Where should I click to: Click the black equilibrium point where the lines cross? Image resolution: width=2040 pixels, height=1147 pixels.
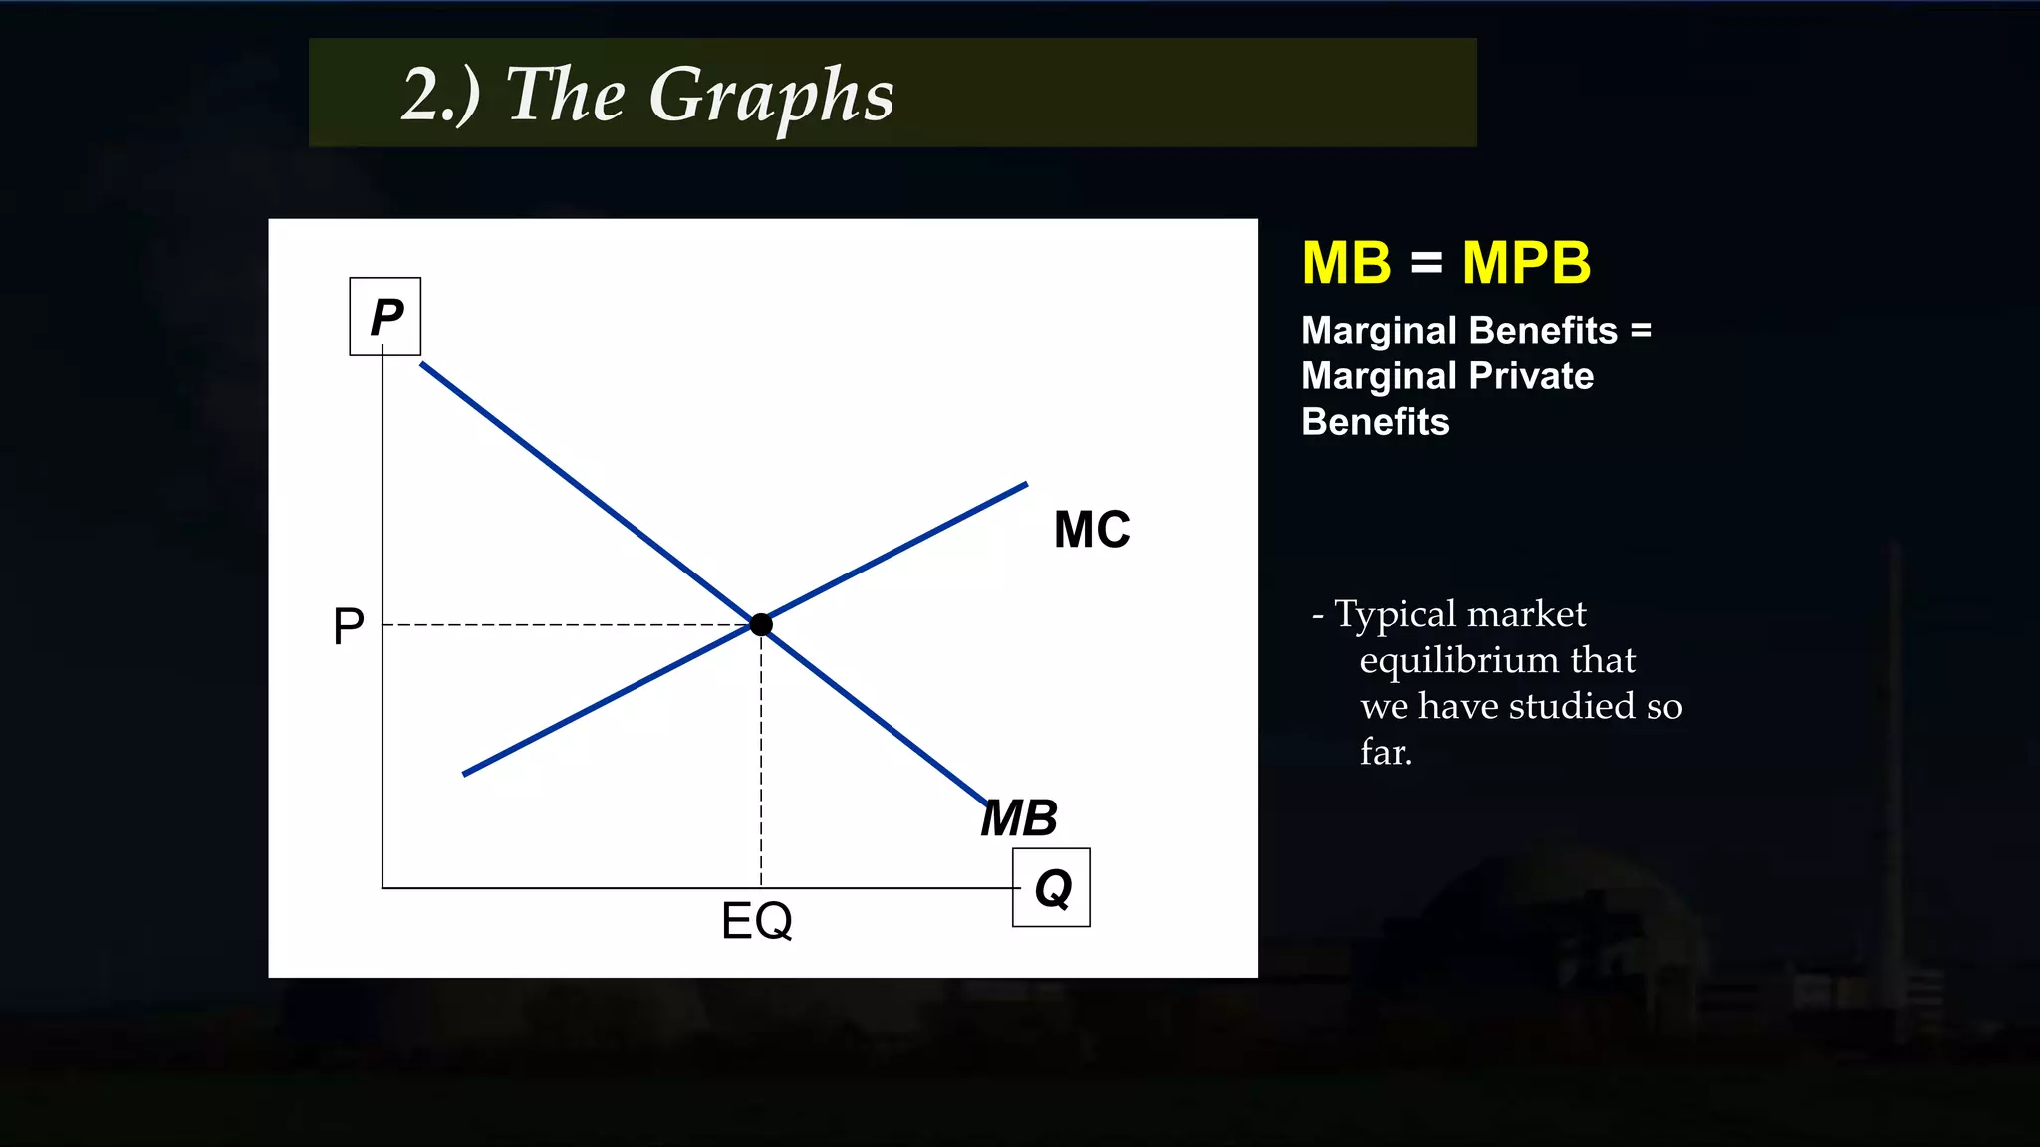(761, 624)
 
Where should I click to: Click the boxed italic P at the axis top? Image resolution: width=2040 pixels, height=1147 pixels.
(385, 317)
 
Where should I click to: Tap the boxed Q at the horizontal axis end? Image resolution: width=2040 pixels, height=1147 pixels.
(1052, 887)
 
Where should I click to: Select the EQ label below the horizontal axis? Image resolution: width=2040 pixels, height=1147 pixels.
(757, 920)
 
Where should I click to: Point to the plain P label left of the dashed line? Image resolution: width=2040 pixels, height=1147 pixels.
(349, 626)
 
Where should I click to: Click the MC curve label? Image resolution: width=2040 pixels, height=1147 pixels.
(1092, 529)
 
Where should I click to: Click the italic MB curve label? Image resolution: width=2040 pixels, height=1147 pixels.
(1019, 818)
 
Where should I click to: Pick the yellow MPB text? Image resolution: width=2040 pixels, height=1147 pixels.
(1526, 263)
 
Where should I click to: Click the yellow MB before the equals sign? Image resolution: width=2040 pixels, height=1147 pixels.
(1346, 263)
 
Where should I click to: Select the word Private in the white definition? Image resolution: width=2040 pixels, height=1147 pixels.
(1531, 376)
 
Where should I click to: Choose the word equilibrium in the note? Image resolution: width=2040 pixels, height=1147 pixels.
(1458, 660)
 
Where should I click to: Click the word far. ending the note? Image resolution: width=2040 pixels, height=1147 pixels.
(1386, 752)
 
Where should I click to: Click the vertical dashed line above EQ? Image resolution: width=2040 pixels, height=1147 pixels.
(761, 757)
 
